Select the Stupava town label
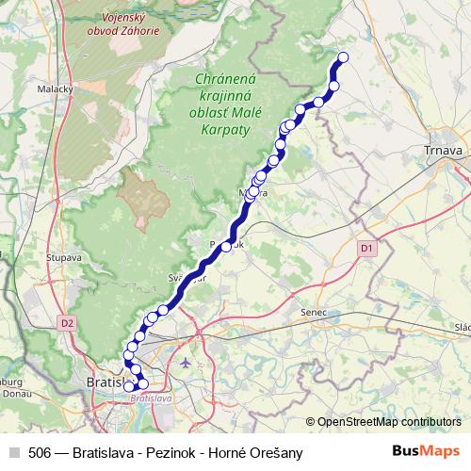[65, 255]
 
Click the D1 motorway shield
[367, 247]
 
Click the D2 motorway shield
[66, 322]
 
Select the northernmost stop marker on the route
[342, 57]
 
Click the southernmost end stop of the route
[129, 385]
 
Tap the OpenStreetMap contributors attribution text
[388, 422]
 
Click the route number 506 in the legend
[41, 453]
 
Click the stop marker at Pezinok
[226, 247]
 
